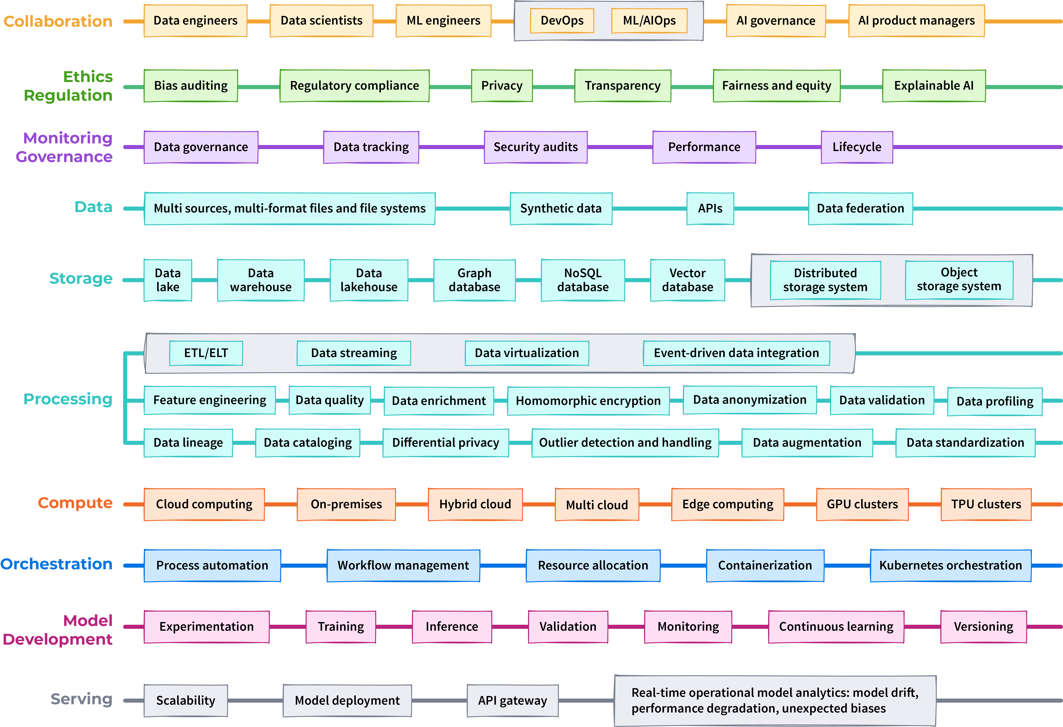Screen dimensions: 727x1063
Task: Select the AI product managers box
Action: (916, 21)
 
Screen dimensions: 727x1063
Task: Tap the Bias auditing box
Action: (191, 86)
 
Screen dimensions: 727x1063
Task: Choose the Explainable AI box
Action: (934, 86)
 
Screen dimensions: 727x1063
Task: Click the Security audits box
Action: (536, 147)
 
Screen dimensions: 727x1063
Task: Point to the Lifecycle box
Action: (857, 147)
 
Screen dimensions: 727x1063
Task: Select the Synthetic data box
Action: (561, 208)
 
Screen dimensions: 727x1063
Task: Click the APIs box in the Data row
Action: (710, 208)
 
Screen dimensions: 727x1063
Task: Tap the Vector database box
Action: (688, 280)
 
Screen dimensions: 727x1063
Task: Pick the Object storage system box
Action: (959, 280)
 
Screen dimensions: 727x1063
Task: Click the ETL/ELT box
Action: (206, 353)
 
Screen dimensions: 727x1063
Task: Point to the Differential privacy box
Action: (445, 442)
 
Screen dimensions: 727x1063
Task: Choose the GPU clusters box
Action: (862, 504)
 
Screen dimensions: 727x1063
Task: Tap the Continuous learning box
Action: (836, 626)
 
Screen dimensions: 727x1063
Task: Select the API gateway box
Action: (512, 701)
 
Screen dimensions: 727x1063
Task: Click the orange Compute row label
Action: (75, 503)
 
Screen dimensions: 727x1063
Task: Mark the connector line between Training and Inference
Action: (394, 626)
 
